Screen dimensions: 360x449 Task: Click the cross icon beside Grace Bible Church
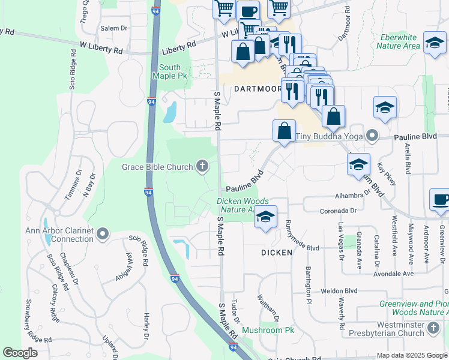(x=203, y=166)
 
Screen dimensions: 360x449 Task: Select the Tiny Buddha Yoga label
(x=330, y=136)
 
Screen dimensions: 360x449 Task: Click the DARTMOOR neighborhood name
(x=258, y=89)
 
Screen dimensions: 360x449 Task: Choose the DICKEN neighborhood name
(x=277, y=253)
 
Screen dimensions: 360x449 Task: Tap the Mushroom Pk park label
(x=267, y=331)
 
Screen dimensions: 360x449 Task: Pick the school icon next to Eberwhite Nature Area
(x=435, y=43)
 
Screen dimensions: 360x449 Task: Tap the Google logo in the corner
(x=20, y=353)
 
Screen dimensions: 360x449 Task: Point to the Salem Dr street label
(x=114, y=28)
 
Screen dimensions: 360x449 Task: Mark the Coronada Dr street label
(x=338, y=211)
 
